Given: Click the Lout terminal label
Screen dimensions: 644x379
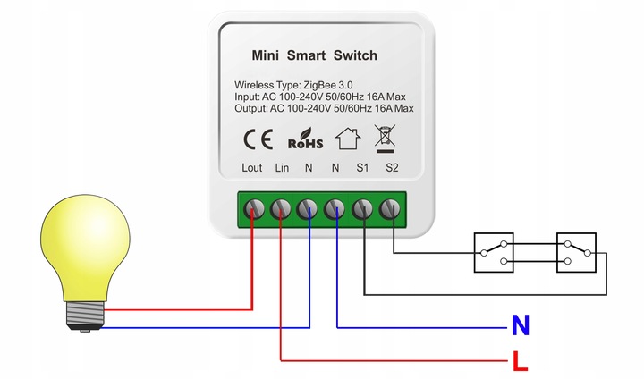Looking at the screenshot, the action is point(251,167).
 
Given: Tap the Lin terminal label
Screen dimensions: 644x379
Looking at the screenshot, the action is point(282,167).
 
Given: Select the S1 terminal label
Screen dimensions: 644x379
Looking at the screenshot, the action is point(362,167).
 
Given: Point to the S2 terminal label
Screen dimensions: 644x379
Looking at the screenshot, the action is point(393,167).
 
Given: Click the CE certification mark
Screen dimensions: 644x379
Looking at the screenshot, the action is point(258,139).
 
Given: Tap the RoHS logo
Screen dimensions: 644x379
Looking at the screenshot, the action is point(306,139).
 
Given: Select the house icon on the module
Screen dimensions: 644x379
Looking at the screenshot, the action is point(348,139).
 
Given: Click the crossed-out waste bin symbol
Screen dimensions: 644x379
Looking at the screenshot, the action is point(385,139).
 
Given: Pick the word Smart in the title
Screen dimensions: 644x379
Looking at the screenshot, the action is point(306,55).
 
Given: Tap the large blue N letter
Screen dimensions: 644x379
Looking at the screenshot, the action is point(521,325).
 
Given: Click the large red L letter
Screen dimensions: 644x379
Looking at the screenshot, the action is point(520,361).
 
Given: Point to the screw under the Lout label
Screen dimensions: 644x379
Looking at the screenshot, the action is point(254,209).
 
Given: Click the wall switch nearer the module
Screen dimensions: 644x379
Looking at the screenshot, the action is point(494,253).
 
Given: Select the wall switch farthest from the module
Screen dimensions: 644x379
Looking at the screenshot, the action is point(576,253).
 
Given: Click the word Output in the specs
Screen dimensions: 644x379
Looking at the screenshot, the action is point(251,109).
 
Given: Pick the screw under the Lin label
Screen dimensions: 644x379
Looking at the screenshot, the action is point(281,209).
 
